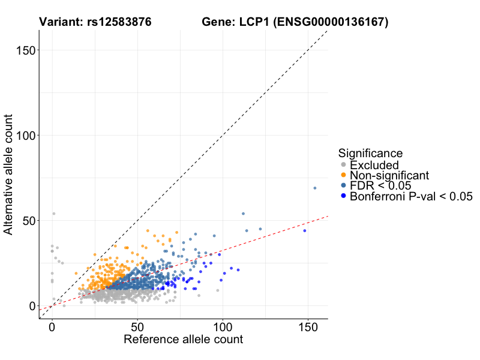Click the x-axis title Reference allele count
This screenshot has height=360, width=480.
click(x=183, y=340)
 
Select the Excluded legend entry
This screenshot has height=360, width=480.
click(x=374, y=165)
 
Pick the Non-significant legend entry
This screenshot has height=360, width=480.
click(x=389, y=175)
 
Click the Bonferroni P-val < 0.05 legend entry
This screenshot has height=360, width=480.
click(x=412, y=196)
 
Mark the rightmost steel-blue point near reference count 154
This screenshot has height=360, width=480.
click(x=315, y=188)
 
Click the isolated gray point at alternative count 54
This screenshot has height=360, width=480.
click(x=53, y=214)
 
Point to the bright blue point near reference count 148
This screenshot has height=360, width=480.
click(x=305, y=230)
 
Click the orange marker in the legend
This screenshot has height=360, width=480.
click(x=343, y=175)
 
